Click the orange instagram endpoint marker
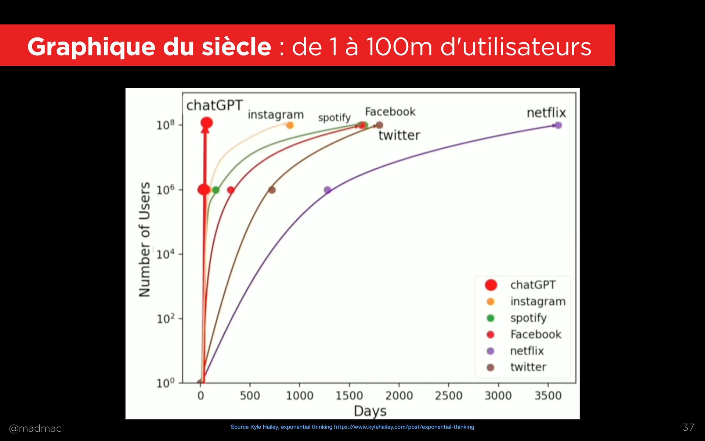click(290, 125)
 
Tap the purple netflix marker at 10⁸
click(558, 125)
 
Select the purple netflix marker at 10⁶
click(328, 190)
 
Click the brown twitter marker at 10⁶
click(272, 190)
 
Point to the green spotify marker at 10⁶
click(216, 190)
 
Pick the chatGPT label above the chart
click(215, 105)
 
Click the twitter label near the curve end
click(399, 135)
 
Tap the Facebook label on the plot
click(390, 112)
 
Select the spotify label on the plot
click(334, 118)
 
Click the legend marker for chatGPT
click(491, 285)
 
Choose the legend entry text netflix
click(527, 351)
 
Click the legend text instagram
click(538, 301)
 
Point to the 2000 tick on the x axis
click(399, 396)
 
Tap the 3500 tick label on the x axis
click(548, 396)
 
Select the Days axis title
click(370, 411)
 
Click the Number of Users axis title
click(145, 239)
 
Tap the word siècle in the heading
click(236, 47)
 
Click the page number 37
click(688, 427)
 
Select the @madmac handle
click(35, 429)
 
